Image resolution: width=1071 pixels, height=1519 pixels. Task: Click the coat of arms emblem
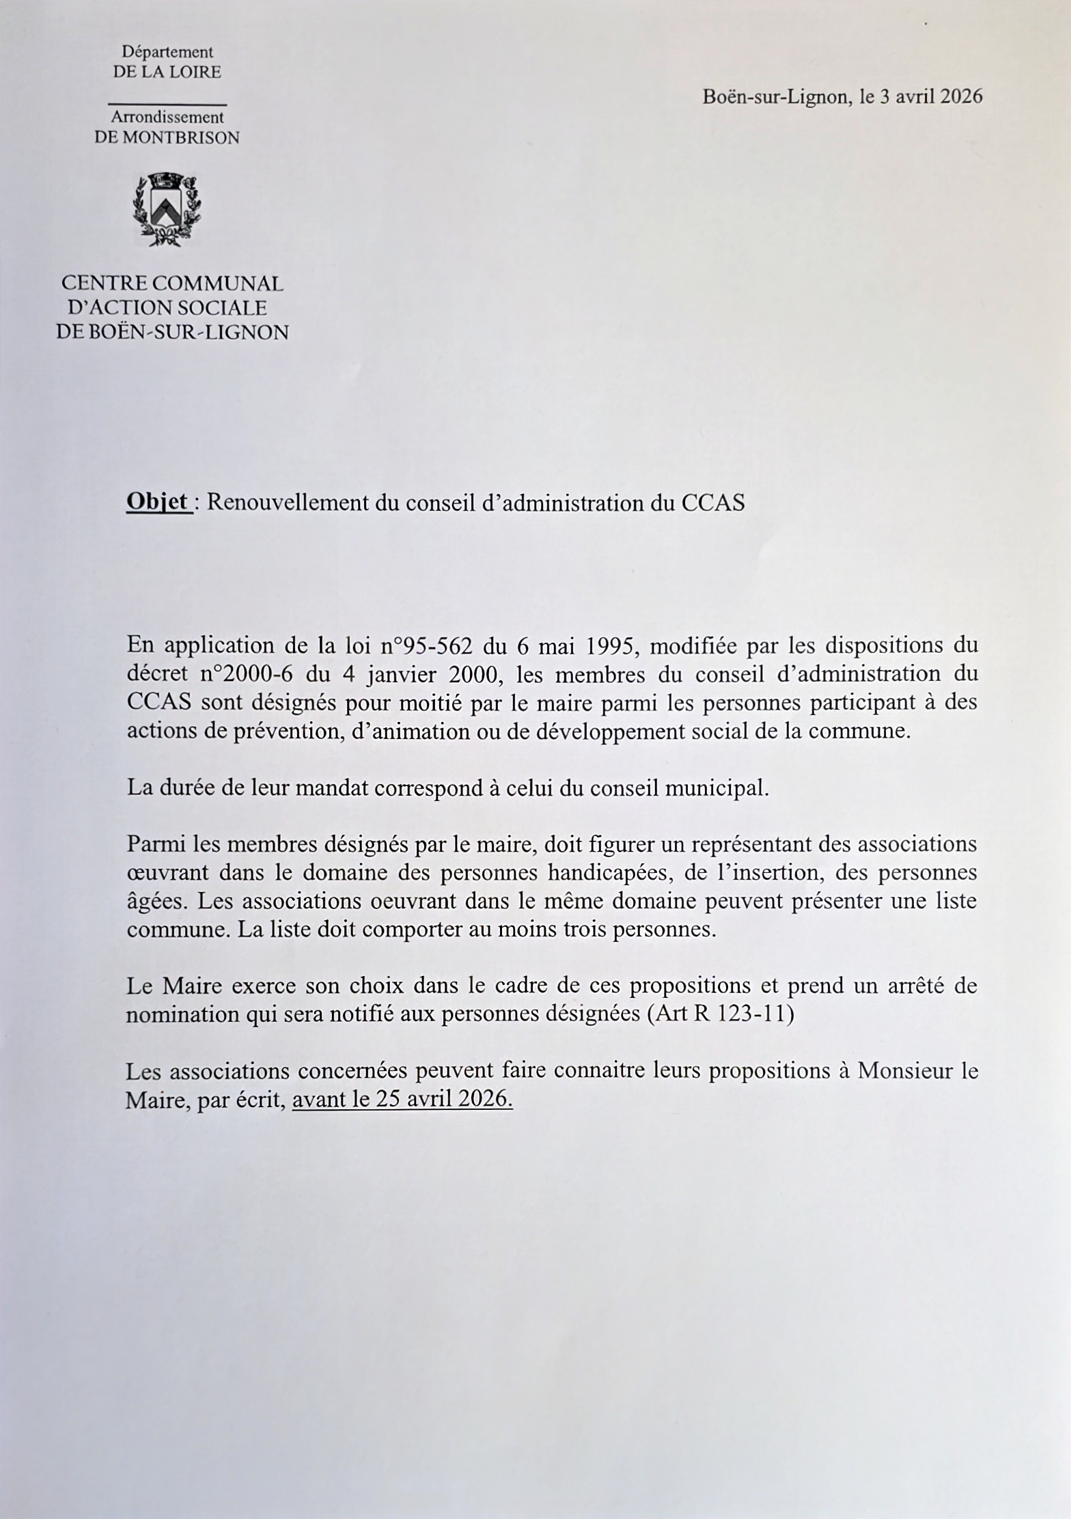point(167,210)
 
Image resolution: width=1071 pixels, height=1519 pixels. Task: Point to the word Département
point(167,52)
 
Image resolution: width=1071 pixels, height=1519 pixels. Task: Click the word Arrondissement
point(167,117)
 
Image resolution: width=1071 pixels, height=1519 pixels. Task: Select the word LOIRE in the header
point(197,72)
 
